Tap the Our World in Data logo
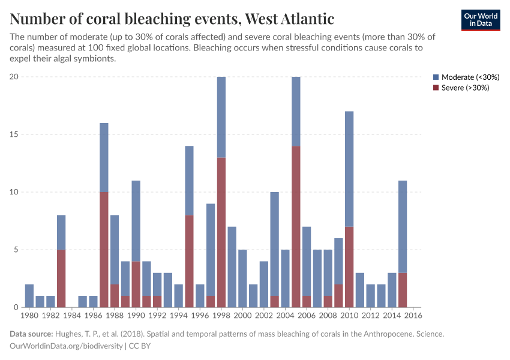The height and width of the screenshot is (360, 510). click(480, 20)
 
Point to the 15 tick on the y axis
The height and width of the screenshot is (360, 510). click(14, 134)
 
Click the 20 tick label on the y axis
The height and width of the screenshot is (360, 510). click(14, 77)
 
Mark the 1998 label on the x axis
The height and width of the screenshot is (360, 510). click(221, 315)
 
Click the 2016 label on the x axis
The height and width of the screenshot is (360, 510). click(413, 315)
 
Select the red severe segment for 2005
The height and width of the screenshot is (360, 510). click(296, 227)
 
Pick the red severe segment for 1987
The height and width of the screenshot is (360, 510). click(104, 250)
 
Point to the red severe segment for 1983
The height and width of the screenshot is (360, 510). click(61, 278)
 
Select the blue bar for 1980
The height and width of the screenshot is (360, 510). click(29, 296)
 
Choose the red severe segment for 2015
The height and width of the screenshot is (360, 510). click(403, 290)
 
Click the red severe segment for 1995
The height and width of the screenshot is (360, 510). click(189, 261)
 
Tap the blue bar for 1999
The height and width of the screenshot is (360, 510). click(232, 267)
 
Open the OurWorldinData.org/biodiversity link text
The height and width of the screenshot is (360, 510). click(66, 346)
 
